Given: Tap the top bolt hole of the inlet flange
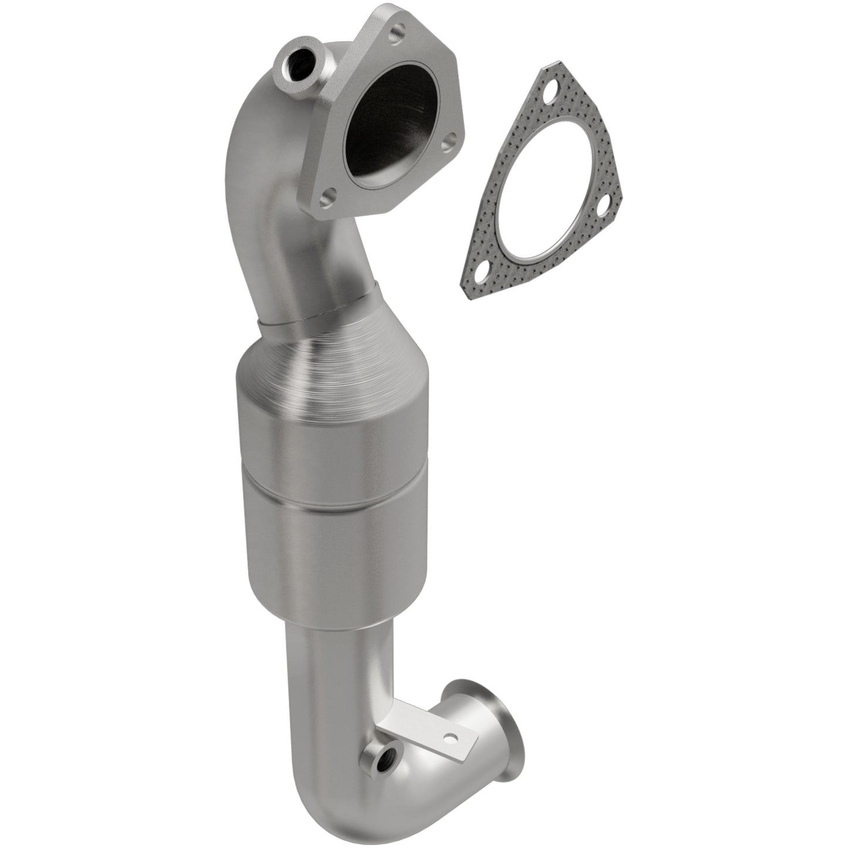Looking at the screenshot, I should pos(397,28).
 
